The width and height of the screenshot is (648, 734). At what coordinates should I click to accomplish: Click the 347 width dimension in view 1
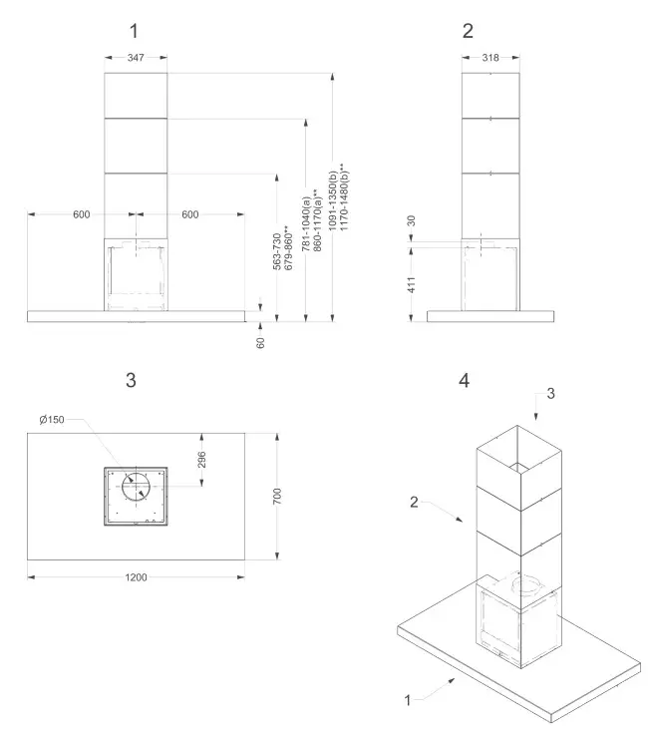click(136, 59)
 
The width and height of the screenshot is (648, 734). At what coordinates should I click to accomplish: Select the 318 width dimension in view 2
click(489, 59)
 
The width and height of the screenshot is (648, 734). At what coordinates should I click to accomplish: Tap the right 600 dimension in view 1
click(190, 214)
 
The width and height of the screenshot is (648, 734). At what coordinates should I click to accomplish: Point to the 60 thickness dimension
click(261, 342)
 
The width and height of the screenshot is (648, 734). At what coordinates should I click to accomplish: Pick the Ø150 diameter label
click(52, 420)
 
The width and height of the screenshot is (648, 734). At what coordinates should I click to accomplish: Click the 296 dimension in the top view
click(202, 460)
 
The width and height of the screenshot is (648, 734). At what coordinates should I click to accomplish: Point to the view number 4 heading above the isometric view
click(464, 381)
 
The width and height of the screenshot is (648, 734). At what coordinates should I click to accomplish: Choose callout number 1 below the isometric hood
click(407, 701)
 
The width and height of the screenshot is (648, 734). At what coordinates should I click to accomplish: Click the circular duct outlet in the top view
click(137, 488)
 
